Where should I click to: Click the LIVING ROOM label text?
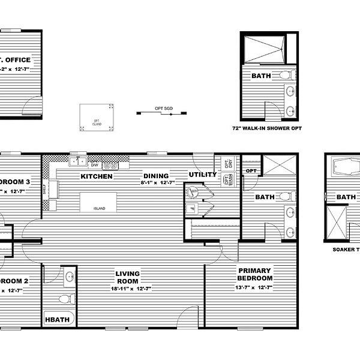point(127,277)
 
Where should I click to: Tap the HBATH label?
point(57,321)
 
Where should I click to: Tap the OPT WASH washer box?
point(227,180)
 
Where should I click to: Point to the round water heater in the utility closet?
point(193,193)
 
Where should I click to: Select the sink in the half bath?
point(70,277)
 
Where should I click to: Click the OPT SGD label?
point(160,108)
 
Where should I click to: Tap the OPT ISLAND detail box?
point(96,117)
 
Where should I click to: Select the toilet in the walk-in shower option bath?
point(290,76)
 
